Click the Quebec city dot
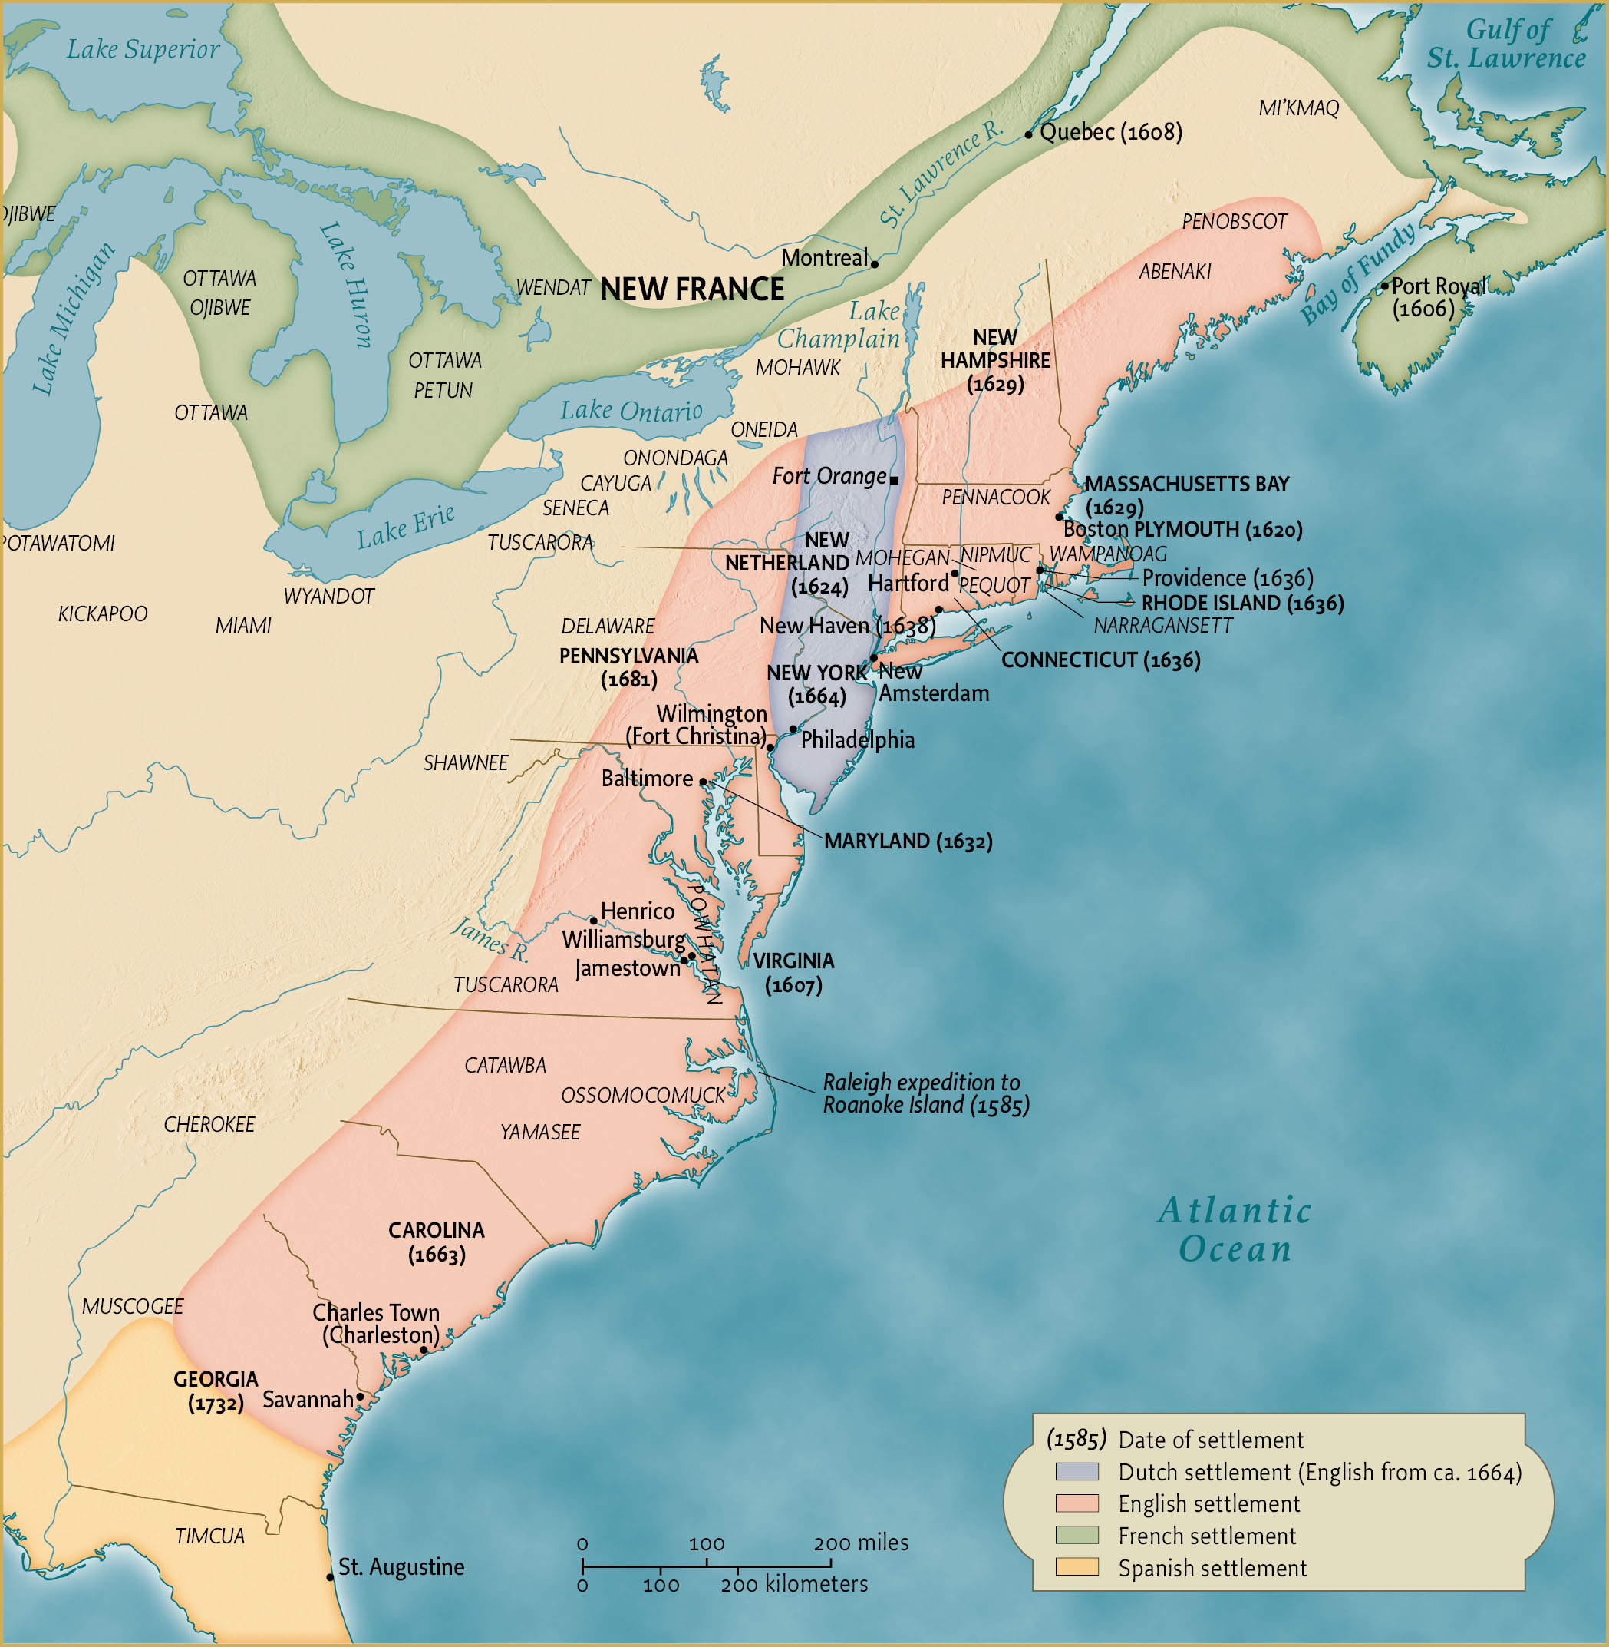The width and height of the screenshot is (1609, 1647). coord(1028,134)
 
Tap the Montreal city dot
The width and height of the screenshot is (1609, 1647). coord(875,264)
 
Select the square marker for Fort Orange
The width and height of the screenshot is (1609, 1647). coord(894,480)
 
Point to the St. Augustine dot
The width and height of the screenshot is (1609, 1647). coord(331,1577)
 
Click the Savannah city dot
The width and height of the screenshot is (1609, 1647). coord(360,1397)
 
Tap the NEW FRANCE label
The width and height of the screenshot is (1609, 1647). coord(692,289)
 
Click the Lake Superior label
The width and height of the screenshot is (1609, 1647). coord(143,49)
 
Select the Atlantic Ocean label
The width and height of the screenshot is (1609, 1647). coord(1235,1229)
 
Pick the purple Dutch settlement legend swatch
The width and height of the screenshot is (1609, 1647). coord(1077,1472)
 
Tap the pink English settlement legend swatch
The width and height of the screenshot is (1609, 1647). coord(1077,1503)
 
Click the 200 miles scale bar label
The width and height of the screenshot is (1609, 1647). coord(860,1543)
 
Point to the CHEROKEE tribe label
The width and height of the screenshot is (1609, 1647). coord(209,1125)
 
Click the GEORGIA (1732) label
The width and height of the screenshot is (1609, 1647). coord(216,1391)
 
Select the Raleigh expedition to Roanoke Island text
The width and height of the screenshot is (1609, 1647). coord(925,1093)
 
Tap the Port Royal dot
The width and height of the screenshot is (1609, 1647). coord(1384,286)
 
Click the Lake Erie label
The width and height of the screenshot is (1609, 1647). coord(406,526)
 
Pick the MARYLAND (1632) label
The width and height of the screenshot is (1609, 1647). coord(908,842)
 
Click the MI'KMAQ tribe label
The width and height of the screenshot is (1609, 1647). coord(1298,108)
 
